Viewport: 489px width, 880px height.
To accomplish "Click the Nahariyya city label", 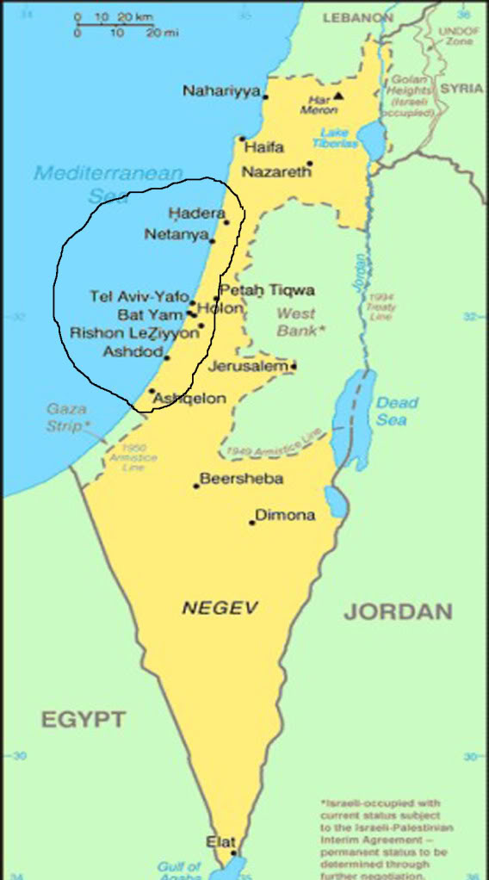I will click(220, 91).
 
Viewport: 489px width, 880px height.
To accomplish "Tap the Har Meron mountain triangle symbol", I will click(339, 96).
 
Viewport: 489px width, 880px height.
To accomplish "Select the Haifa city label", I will click(263, 147).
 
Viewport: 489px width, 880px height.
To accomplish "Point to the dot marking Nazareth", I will click(310, 163).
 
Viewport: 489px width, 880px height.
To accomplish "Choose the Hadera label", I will click(196, 214).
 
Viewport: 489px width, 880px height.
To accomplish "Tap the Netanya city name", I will click(176, 234).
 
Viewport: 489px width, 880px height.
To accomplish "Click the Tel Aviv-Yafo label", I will click(139, 297).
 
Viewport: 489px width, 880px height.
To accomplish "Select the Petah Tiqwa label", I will click(266, 290).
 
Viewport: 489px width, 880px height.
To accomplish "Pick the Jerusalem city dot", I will click(294, 367).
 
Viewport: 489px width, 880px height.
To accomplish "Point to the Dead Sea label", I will click(397, 411).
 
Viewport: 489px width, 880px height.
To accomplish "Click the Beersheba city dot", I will click(196, 486).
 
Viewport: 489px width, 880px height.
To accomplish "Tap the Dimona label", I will click(285, 515).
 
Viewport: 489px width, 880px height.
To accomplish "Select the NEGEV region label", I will click(220, 608).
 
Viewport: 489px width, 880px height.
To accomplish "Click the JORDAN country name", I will click(398, 612).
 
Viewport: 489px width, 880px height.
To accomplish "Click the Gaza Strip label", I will click(67, 417).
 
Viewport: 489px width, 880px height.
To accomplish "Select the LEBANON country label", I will click(357, 17).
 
